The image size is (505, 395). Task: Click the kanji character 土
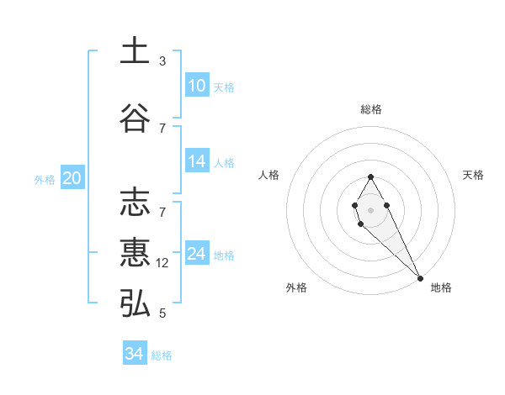pos(135,50)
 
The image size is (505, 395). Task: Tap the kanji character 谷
pos(135,118)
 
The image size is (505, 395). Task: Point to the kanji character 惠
pos(135,253)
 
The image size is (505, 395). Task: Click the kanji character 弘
pos(135,303)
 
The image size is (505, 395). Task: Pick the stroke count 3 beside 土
pos(162,61)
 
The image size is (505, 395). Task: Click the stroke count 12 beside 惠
pos(163,263)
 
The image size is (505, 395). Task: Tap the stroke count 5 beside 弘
pos(162,313)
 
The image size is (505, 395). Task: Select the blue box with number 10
pos(197,86)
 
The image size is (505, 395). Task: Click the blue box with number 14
pos(197,161)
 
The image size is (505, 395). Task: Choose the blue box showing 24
pos(197,254)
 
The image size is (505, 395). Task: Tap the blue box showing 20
pos(72,178)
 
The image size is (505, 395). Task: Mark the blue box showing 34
pos(135,354)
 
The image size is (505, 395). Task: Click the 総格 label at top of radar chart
pos(371,109)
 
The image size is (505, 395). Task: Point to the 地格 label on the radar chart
pos(441,287)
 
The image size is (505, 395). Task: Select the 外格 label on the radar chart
pos(296,287)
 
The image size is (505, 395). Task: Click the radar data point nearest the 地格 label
pos(420,277)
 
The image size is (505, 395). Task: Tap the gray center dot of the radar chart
pos(370,208)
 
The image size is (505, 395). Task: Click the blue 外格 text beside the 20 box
pos(45,180)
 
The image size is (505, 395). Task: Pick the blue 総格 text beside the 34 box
pos(162,355)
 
